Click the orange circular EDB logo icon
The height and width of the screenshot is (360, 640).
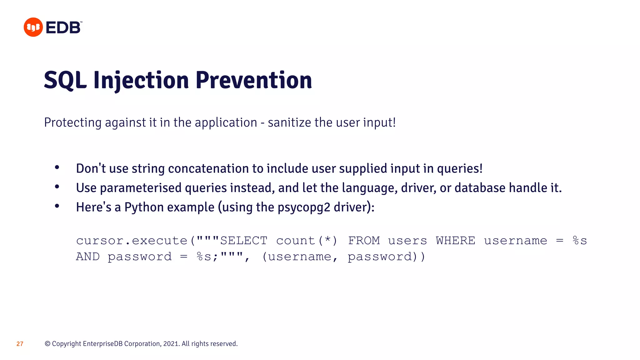[33, 27]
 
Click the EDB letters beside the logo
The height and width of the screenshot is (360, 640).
[63, 28]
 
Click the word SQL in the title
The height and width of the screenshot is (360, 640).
[65, 80]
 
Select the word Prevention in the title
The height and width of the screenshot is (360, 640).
[254, 80]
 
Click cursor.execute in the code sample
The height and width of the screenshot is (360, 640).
[132, 241]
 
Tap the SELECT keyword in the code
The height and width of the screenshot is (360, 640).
[244, 241]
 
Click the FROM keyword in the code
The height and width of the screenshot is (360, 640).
[364, 241]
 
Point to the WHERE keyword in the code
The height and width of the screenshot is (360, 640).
[455, 241]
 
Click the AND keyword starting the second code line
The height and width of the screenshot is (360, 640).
[88, 257]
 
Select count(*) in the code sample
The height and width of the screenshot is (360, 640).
[307, 241]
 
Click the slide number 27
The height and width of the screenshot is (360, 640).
[20, 344]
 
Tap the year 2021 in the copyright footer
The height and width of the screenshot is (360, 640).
[171, 344]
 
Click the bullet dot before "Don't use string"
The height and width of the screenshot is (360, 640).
[57, 168]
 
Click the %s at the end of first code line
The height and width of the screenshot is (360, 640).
[580, 241]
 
